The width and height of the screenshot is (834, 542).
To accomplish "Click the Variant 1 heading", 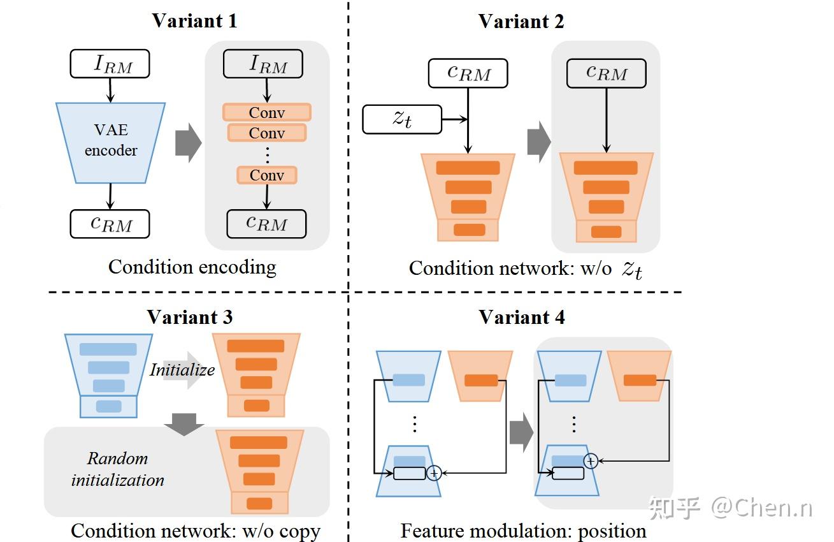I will tap(194, 20).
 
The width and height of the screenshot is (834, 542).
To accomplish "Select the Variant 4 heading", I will tap(522, 317).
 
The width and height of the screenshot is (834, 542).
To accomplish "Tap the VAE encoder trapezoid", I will tap(111, 141).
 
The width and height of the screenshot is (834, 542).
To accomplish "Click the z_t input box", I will tap(402, 119).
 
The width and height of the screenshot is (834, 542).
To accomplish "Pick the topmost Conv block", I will tap(266, 113).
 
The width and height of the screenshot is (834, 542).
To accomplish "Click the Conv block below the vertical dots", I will tap(266, 175).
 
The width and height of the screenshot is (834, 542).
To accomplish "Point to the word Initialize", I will tap(182, 370).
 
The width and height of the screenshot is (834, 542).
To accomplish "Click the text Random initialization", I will tap(118, 469).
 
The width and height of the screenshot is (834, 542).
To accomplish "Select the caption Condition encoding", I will tap(192, 267).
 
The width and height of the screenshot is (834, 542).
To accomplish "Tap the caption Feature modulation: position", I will tap(523, 531).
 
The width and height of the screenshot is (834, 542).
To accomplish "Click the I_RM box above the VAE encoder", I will tap(110, 64).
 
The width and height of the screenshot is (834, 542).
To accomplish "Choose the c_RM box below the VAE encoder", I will tap(110, 224).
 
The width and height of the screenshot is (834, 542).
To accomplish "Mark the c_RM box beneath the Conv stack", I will tap(266, 223).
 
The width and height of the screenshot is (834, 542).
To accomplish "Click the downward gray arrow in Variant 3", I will tap(183, 424).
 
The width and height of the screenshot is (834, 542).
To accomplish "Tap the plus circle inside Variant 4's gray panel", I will tap(591, 460).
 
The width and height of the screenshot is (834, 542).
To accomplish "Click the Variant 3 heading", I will tap(190, 317).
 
